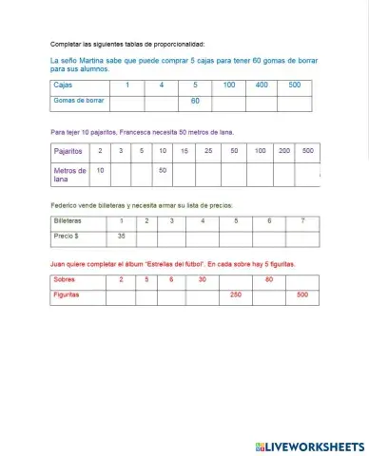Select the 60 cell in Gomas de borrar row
coord(195,100)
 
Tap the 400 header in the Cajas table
coord(262,85)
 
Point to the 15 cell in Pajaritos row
coord(184,151)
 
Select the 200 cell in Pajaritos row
coord(284,151)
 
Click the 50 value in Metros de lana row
coord(163,170)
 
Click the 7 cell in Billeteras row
coord(301,220)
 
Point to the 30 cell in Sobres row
coord(202,279)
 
